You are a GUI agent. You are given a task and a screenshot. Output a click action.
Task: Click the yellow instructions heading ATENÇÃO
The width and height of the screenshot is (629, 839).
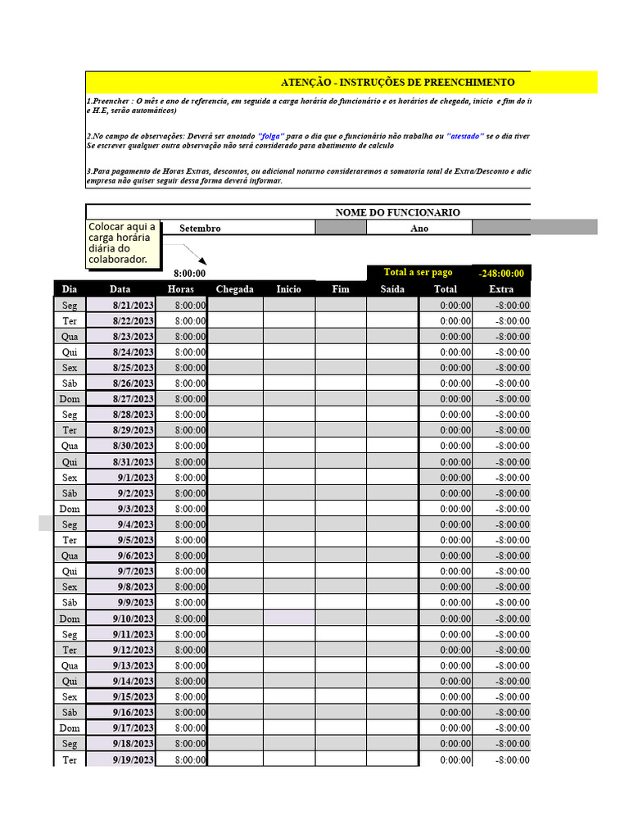point(397,83)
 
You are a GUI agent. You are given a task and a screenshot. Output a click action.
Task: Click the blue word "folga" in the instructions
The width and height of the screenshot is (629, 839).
point(271,136)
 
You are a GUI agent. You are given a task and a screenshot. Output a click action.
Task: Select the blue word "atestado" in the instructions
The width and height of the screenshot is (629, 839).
point(465,136)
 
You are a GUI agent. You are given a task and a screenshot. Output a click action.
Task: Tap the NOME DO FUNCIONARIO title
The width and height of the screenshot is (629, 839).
point(397,212)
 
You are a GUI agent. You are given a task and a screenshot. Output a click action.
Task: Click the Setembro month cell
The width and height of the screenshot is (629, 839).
point(200,229)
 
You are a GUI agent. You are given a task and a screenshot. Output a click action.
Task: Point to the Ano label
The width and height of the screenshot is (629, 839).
point(419,229)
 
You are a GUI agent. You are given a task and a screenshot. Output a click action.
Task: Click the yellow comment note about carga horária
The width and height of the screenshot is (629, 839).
point(121,243)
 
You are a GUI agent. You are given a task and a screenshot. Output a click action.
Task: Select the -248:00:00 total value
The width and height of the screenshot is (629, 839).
point(501,274)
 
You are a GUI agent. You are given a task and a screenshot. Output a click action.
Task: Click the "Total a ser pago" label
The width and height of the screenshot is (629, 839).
point(418,273)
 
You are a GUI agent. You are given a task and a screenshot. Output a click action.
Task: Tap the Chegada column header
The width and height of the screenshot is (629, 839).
point(234,289)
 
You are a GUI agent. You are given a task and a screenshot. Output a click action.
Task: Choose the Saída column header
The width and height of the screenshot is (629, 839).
point(392,289)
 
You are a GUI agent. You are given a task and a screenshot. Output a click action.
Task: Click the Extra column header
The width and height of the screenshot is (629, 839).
point(501,289)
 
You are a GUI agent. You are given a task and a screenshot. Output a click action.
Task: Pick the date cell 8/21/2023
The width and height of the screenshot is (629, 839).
point(133,306)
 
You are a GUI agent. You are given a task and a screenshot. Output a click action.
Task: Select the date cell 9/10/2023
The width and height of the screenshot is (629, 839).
point(133,619)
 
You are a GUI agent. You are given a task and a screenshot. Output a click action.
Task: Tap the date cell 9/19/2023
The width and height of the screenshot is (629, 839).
point(133,760)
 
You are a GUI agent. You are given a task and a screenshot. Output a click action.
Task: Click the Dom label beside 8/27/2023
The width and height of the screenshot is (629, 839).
point(70,399)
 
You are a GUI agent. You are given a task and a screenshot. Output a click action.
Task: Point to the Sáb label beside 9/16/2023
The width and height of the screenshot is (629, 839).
point(70,712)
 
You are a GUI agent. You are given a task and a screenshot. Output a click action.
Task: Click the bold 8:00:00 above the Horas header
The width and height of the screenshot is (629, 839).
point(189,274)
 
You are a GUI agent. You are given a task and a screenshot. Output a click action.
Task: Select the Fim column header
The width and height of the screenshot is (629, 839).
point(340,289)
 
